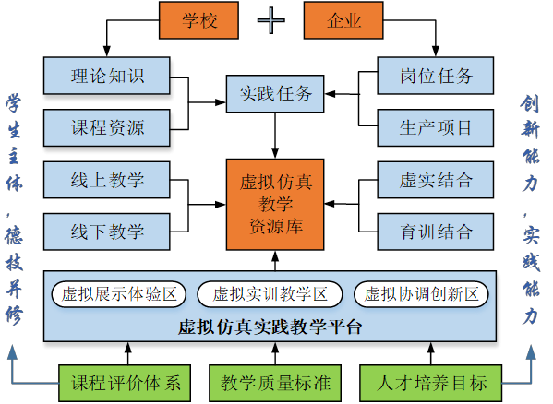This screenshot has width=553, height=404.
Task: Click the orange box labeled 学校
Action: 198,20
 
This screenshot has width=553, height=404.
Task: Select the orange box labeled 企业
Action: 343,20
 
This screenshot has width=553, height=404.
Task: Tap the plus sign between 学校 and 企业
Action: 270,20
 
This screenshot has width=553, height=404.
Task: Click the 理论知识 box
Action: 107,76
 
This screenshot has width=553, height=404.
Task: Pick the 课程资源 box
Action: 107,127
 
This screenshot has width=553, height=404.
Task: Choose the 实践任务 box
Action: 275,94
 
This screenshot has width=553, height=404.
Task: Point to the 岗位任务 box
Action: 436,76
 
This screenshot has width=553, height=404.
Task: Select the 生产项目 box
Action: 436,127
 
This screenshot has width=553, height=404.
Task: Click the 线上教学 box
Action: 107,180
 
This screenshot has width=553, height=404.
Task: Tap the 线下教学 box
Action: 107,232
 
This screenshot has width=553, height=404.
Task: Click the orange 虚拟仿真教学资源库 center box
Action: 275,205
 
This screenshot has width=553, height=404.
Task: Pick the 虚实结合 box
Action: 436,180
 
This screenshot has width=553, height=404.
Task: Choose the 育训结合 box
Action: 436,232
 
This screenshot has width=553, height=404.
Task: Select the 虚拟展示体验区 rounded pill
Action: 119,294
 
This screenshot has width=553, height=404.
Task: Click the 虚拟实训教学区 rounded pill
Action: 270,294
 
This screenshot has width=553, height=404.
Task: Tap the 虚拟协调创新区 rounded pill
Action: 421,294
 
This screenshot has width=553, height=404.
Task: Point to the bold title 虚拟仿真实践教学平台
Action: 270,327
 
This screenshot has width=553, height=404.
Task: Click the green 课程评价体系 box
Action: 125,383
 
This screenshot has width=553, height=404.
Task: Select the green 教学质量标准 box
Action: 275,383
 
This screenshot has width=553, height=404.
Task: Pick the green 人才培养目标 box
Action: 430,383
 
